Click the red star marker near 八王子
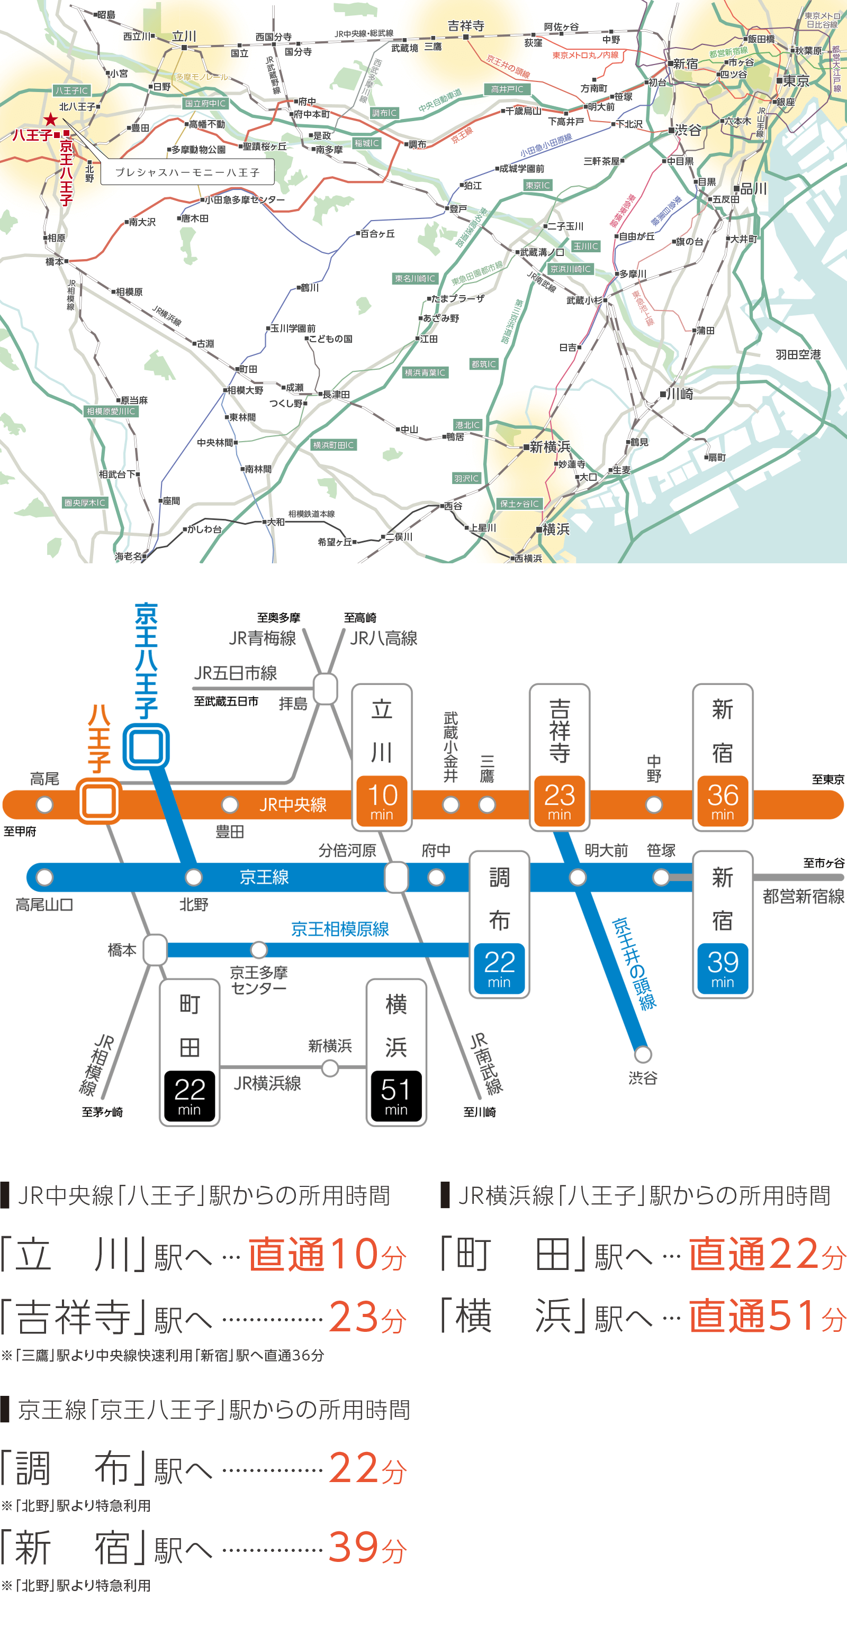click(51, 120)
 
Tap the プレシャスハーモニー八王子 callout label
click(187, 172)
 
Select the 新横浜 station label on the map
click(549, 446)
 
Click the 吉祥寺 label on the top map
click(466, 26)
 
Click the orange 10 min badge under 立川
click(382, 801)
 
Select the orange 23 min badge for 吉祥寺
click(559, 801)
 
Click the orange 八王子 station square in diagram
click(98, 801)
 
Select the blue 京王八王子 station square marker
click(146, 746)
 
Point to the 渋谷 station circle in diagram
click(643, 1054)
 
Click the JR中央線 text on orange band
click(293, 805)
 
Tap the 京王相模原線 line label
click(340, 929)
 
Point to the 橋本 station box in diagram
click(155, 949)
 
